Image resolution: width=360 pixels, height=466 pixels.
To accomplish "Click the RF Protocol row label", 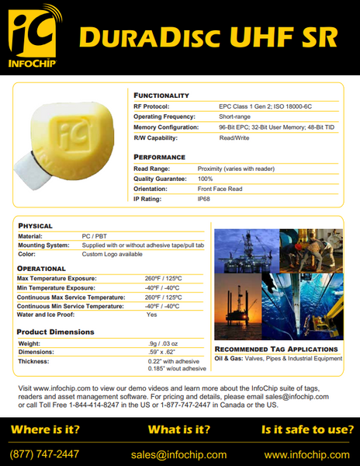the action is pyautogui.click(x=151, y=106).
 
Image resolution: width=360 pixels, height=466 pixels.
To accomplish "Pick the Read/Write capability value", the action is pyautogui.click(x=234, y=137).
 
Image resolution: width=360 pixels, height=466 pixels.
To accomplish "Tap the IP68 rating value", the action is pyautogui.click(x=204, y=200).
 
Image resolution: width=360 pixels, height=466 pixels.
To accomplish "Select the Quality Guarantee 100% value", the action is pyautogui.click(x=205, y=179).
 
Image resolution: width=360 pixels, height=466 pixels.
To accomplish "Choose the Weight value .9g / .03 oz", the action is pyautogui.click(x=164, y=343).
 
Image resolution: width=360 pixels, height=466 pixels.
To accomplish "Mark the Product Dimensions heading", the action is pyautogui.click(x=55, y=332).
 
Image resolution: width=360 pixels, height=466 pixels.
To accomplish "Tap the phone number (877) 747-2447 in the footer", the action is pyautogui.click(x=44, y=454).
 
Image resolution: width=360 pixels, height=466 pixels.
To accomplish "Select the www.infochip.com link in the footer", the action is pyautogui.click(x=306, y=454).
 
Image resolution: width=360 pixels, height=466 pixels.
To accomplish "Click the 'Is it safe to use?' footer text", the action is pyautogui.click(x=308, y=429).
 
